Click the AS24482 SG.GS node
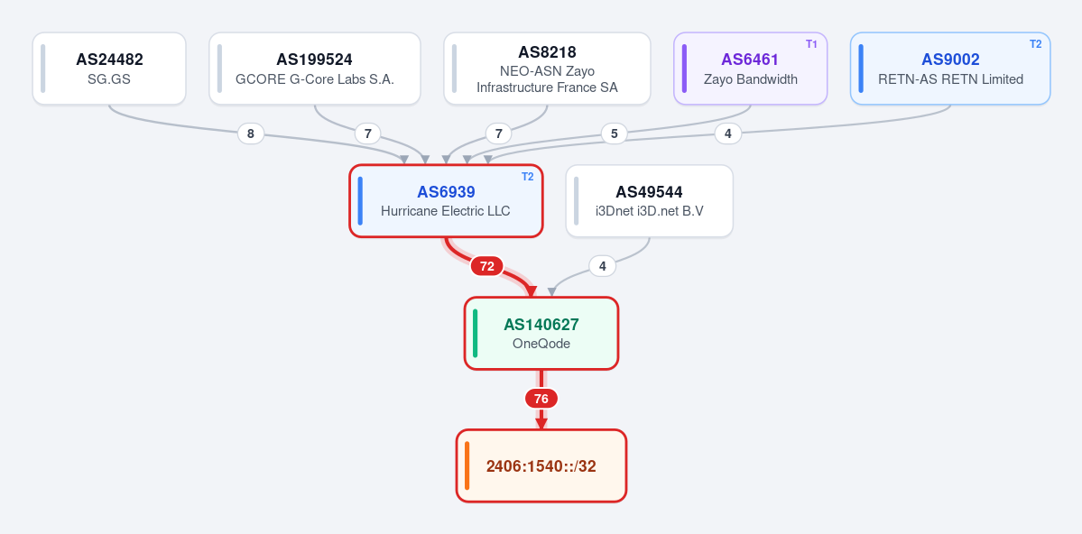(109, 69)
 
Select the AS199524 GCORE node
(315, 69)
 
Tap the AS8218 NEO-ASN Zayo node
(547, 69)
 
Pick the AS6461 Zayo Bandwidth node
(750, 69)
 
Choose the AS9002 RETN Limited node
(950, 69)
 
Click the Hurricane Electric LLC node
(446, 201)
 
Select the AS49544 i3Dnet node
(650, 201)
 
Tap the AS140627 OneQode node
(541, 333)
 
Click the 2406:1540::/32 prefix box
(541, 465)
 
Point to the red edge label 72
(487, 266)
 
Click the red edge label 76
(541, 399)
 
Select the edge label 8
(251, 133)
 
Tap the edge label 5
(615, 133)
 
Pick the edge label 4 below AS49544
(603, 265)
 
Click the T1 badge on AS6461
(811, 44)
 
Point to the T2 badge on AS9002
(1035, 44)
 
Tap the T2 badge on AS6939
(527, 177)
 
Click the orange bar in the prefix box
(467, 465)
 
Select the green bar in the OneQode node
(476, 333)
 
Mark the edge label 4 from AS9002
(728, 133)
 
